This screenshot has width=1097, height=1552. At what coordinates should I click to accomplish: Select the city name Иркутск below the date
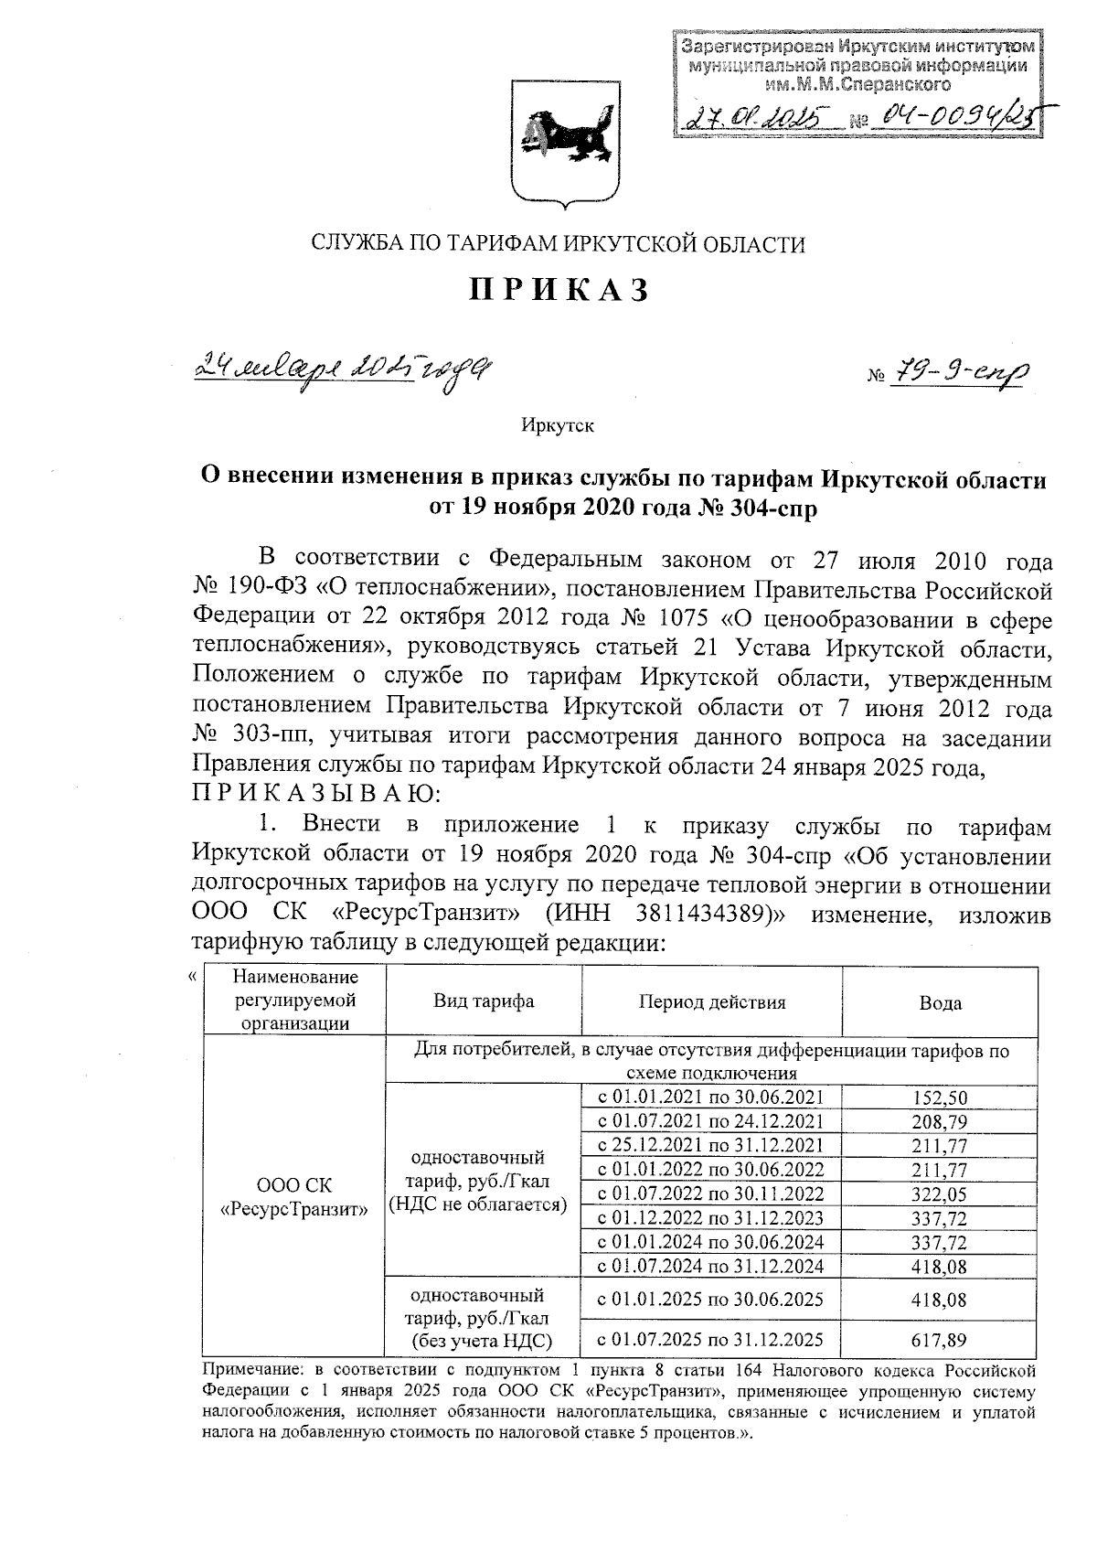pyautogui.click(x=558, y=425)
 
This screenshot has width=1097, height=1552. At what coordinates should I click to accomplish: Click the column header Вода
pyautogui.click(x=940, y=1003)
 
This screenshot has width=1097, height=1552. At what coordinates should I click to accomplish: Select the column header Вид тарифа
pyautogui.click(x=484, y=1001)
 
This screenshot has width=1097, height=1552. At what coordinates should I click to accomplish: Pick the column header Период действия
pyautogui.click(x=711, y=1001)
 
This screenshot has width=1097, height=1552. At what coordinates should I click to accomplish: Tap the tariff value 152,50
pyautogui.click(x=940, y=1097)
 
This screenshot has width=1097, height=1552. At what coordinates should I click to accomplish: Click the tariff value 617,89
pyautogui.click(x=940, y=1341)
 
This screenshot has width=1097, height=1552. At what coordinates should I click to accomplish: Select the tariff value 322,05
pyautogui.click(x=940, y=1194)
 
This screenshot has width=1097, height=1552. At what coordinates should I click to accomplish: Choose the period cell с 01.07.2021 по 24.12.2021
pyautogui.click(x=710, y=1121)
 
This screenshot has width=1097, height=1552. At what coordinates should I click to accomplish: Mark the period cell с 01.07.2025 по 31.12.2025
pyautogui.click(x=710, y=1340)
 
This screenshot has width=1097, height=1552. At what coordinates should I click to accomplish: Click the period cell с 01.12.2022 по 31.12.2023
pyautogui.click(x=710, y=1218)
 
